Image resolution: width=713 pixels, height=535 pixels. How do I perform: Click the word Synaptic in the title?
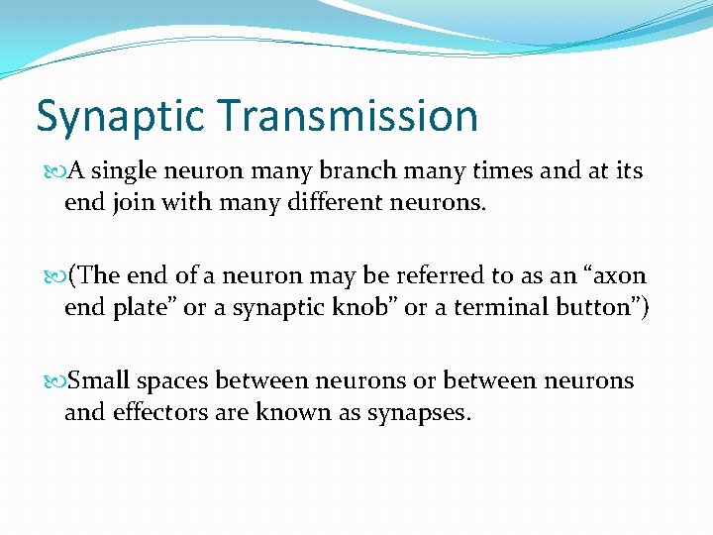(x=120, y=117)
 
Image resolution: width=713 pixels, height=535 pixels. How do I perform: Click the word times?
(x=507, y=171)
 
